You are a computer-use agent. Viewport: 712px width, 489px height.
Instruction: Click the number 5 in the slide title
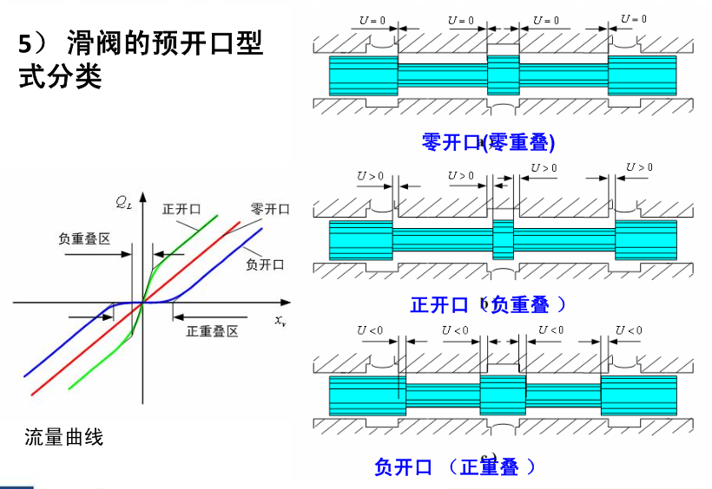tap(25, 44)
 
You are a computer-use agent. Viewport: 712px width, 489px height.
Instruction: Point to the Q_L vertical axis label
tap(124, 204)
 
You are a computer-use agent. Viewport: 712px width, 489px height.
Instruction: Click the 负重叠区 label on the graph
tap(83, 238)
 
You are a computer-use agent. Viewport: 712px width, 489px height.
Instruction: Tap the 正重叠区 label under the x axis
tap(213, 332)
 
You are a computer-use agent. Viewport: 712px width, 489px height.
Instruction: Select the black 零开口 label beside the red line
tap(270, 210)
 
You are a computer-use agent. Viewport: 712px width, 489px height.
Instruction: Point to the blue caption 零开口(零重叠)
tap(488, 142)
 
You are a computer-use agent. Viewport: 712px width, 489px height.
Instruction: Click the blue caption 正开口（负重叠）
tap(488, 304)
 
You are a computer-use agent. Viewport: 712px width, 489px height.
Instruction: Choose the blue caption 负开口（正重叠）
tap(455, 467)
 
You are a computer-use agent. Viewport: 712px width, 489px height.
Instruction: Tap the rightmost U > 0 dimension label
tap(639, 167)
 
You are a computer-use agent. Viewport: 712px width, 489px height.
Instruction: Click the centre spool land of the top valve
tap(503, 75)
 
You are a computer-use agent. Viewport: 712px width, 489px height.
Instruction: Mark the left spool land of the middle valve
tap(360, 240)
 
